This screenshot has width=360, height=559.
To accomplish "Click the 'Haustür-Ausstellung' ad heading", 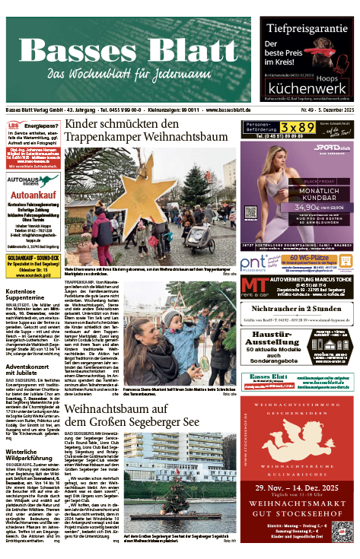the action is pos(280,338).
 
